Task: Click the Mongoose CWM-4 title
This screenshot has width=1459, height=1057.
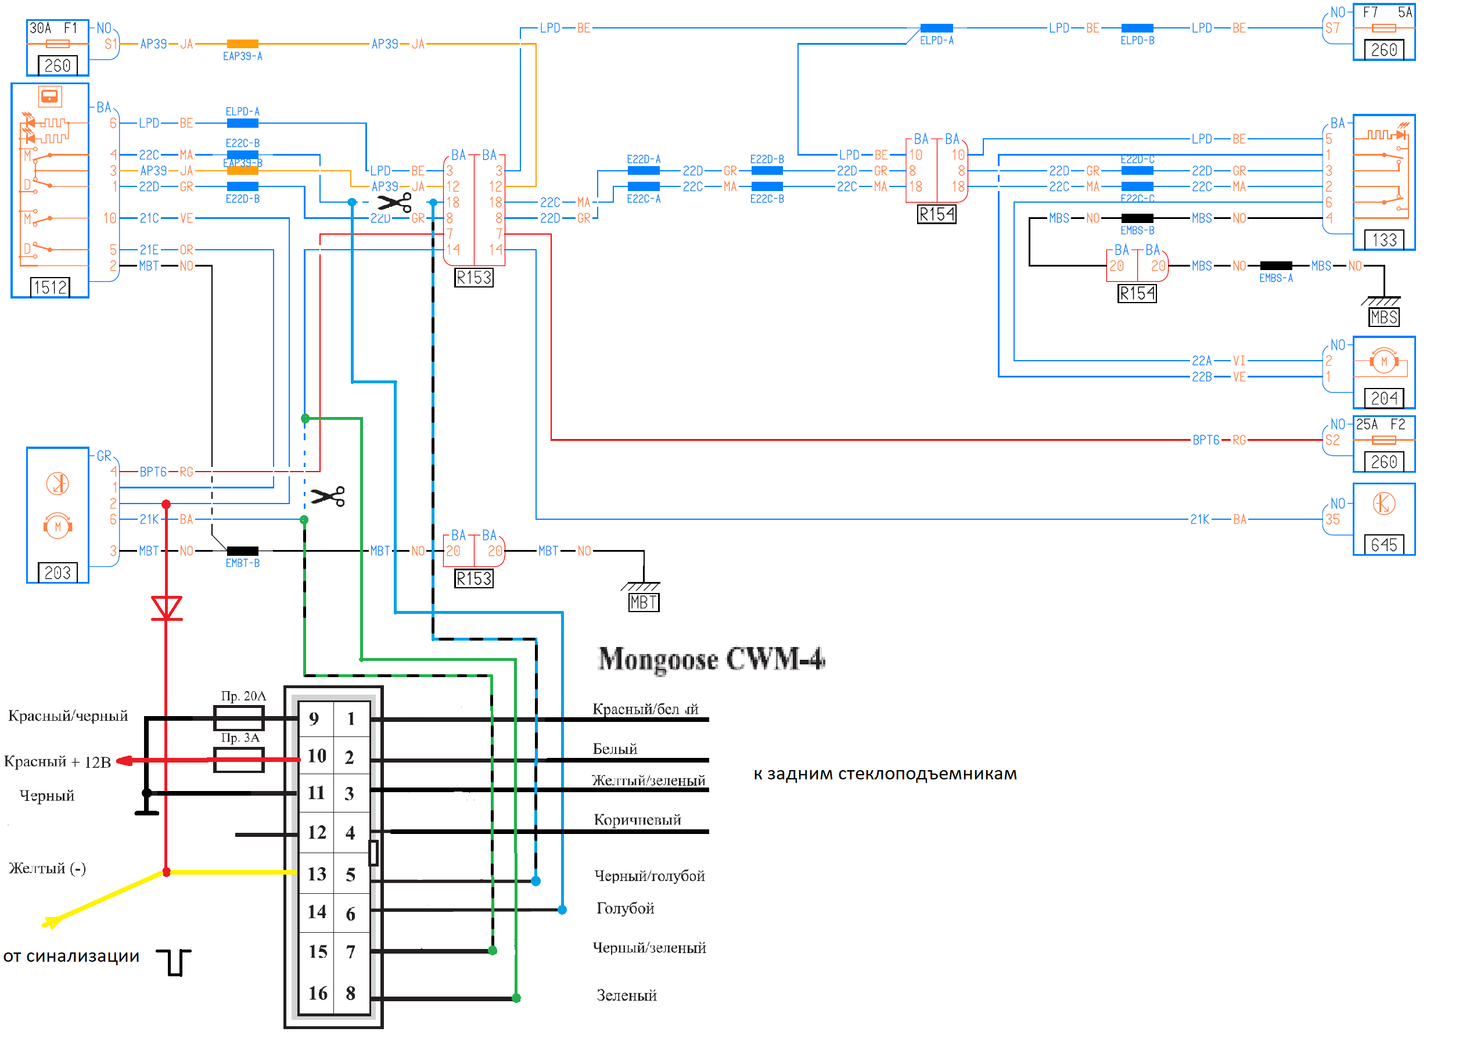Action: [711, 659]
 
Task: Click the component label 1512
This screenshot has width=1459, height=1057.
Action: [50, 287]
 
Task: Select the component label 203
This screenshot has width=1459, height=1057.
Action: [58, 573]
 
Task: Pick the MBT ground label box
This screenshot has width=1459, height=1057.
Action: [644, 603]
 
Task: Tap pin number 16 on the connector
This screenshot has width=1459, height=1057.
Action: [317, 993]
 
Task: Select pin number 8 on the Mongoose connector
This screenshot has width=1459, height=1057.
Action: [351, 993]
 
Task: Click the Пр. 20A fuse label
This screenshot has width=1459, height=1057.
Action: [243, 696]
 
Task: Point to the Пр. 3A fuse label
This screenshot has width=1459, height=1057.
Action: [240, 738]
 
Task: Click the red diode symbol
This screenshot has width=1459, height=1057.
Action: [167, 607]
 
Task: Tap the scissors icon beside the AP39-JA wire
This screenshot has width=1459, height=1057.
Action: [394, 203]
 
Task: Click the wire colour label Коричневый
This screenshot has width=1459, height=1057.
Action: [637, 819]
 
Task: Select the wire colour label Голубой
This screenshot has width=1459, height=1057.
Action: [626, 908]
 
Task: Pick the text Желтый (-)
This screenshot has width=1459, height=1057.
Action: [47, 868]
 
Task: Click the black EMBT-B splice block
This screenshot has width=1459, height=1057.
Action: [243, 551]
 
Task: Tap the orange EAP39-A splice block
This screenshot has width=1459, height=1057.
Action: [243, 44]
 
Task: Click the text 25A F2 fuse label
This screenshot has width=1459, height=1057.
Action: [1381, 425]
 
